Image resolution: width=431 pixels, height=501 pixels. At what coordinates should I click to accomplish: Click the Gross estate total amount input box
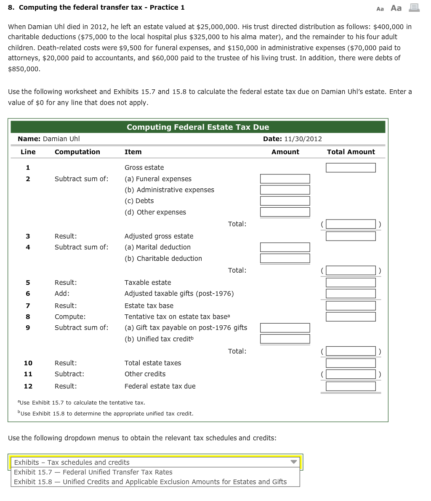pos(351,168)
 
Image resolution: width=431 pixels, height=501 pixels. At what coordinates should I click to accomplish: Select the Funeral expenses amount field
pos(285,179)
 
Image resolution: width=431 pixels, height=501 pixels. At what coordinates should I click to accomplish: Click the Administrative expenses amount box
pos(285,190)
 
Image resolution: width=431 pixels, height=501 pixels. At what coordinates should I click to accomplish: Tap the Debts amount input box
pos(285,201)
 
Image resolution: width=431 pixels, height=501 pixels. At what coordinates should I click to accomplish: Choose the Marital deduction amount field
pos(285,247)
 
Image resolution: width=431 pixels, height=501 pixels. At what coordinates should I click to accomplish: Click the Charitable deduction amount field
pos(285,259)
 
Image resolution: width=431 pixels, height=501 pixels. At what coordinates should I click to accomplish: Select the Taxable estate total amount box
pos(351,283)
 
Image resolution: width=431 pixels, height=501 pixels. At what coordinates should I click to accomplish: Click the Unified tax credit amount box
pos(285,339)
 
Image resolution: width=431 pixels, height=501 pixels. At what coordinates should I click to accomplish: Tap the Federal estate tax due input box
pos(351,386)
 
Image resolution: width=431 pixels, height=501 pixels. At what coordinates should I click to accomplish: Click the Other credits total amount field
pos(351,374)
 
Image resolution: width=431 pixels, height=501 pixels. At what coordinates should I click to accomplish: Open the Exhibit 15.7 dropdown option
pos(93,472)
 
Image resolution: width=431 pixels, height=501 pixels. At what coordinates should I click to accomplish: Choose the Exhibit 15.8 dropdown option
pos(150,482)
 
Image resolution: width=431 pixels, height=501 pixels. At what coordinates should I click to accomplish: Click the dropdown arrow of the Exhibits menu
pos(294,462)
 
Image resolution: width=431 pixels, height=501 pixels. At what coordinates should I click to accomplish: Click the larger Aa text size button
pos(396,8)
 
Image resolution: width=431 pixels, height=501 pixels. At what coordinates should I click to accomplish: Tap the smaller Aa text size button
pos(380,8)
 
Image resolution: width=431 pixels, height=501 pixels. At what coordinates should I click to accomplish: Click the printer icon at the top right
pos(414,8)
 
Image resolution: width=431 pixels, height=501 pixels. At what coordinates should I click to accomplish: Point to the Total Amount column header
pos(351,152)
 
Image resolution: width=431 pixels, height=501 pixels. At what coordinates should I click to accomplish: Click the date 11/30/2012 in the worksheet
pos(303,139)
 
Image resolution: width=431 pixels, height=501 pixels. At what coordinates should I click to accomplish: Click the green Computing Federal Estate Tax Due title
pos(198,127)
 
